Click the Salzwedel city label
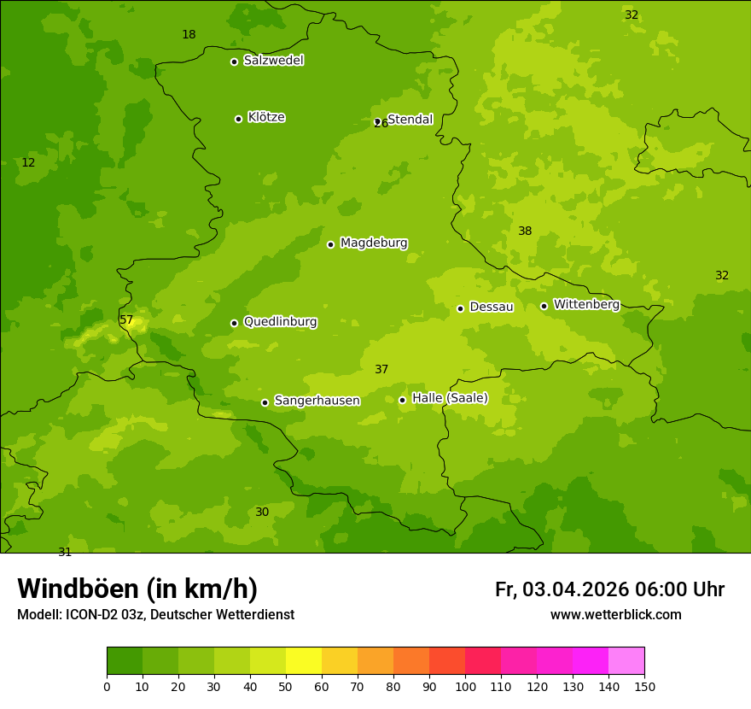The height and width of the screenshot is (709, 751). [x=273, y=61]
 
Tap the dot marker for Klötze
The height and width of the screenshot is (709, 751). [x=238, y=119]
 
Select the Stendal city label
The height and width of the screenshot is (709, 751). [x=410, y=120]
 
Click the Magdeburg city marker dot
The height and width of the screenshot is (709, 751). [x=330, y=244]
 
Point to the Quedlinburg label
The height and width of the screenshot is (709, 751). [x=280, y=322]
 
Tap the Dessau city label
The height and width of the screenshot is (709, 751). [x=491, y=307]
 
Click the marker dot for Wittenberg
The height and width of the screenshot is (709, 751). [x=544, y=306]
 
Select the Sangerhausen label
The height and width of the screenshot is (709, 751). [x=317, y=401]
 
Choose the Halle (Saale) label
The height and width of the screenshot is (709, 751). [x=450, y=398]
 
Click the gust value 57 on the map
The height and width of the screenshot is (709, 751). [x=126, y=320]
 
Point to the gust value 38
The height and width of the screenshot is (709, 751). [x=525, y=231]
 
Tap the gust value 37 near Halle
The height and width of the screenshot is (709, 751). [x=381, y=370]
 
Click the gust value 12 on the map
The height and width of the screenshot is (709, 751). [x=28, y=163]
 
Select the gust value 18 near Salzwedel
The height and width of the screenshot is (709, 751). [x=189, y=35]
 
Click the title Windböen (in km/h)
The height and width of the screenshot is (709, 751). [x=137, y=589]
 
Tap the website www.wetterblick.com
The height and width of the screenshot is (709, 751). [x=615, y=615]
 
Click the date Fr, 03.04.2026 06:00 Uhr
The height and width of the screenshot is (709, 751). [x=609, y=589]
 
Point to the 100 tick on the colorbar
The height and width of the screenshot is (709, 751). [x=465, y=686]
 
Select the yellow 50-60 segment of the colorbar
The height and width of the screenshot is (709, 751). [x=304, y=661]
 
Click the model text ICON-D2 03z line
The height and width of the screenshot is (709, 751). [x=155, y=615]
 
